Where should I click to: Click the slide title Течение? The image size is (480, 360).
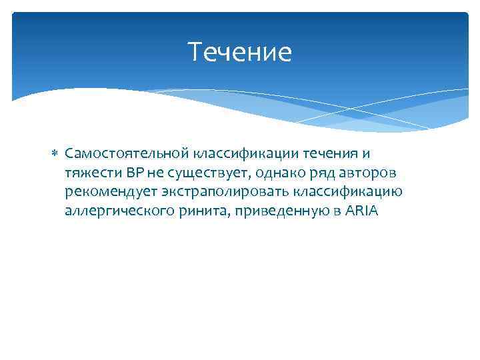tap(240, 52)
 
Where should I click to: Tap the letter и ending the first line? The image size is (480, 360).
tap(365, 155)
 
